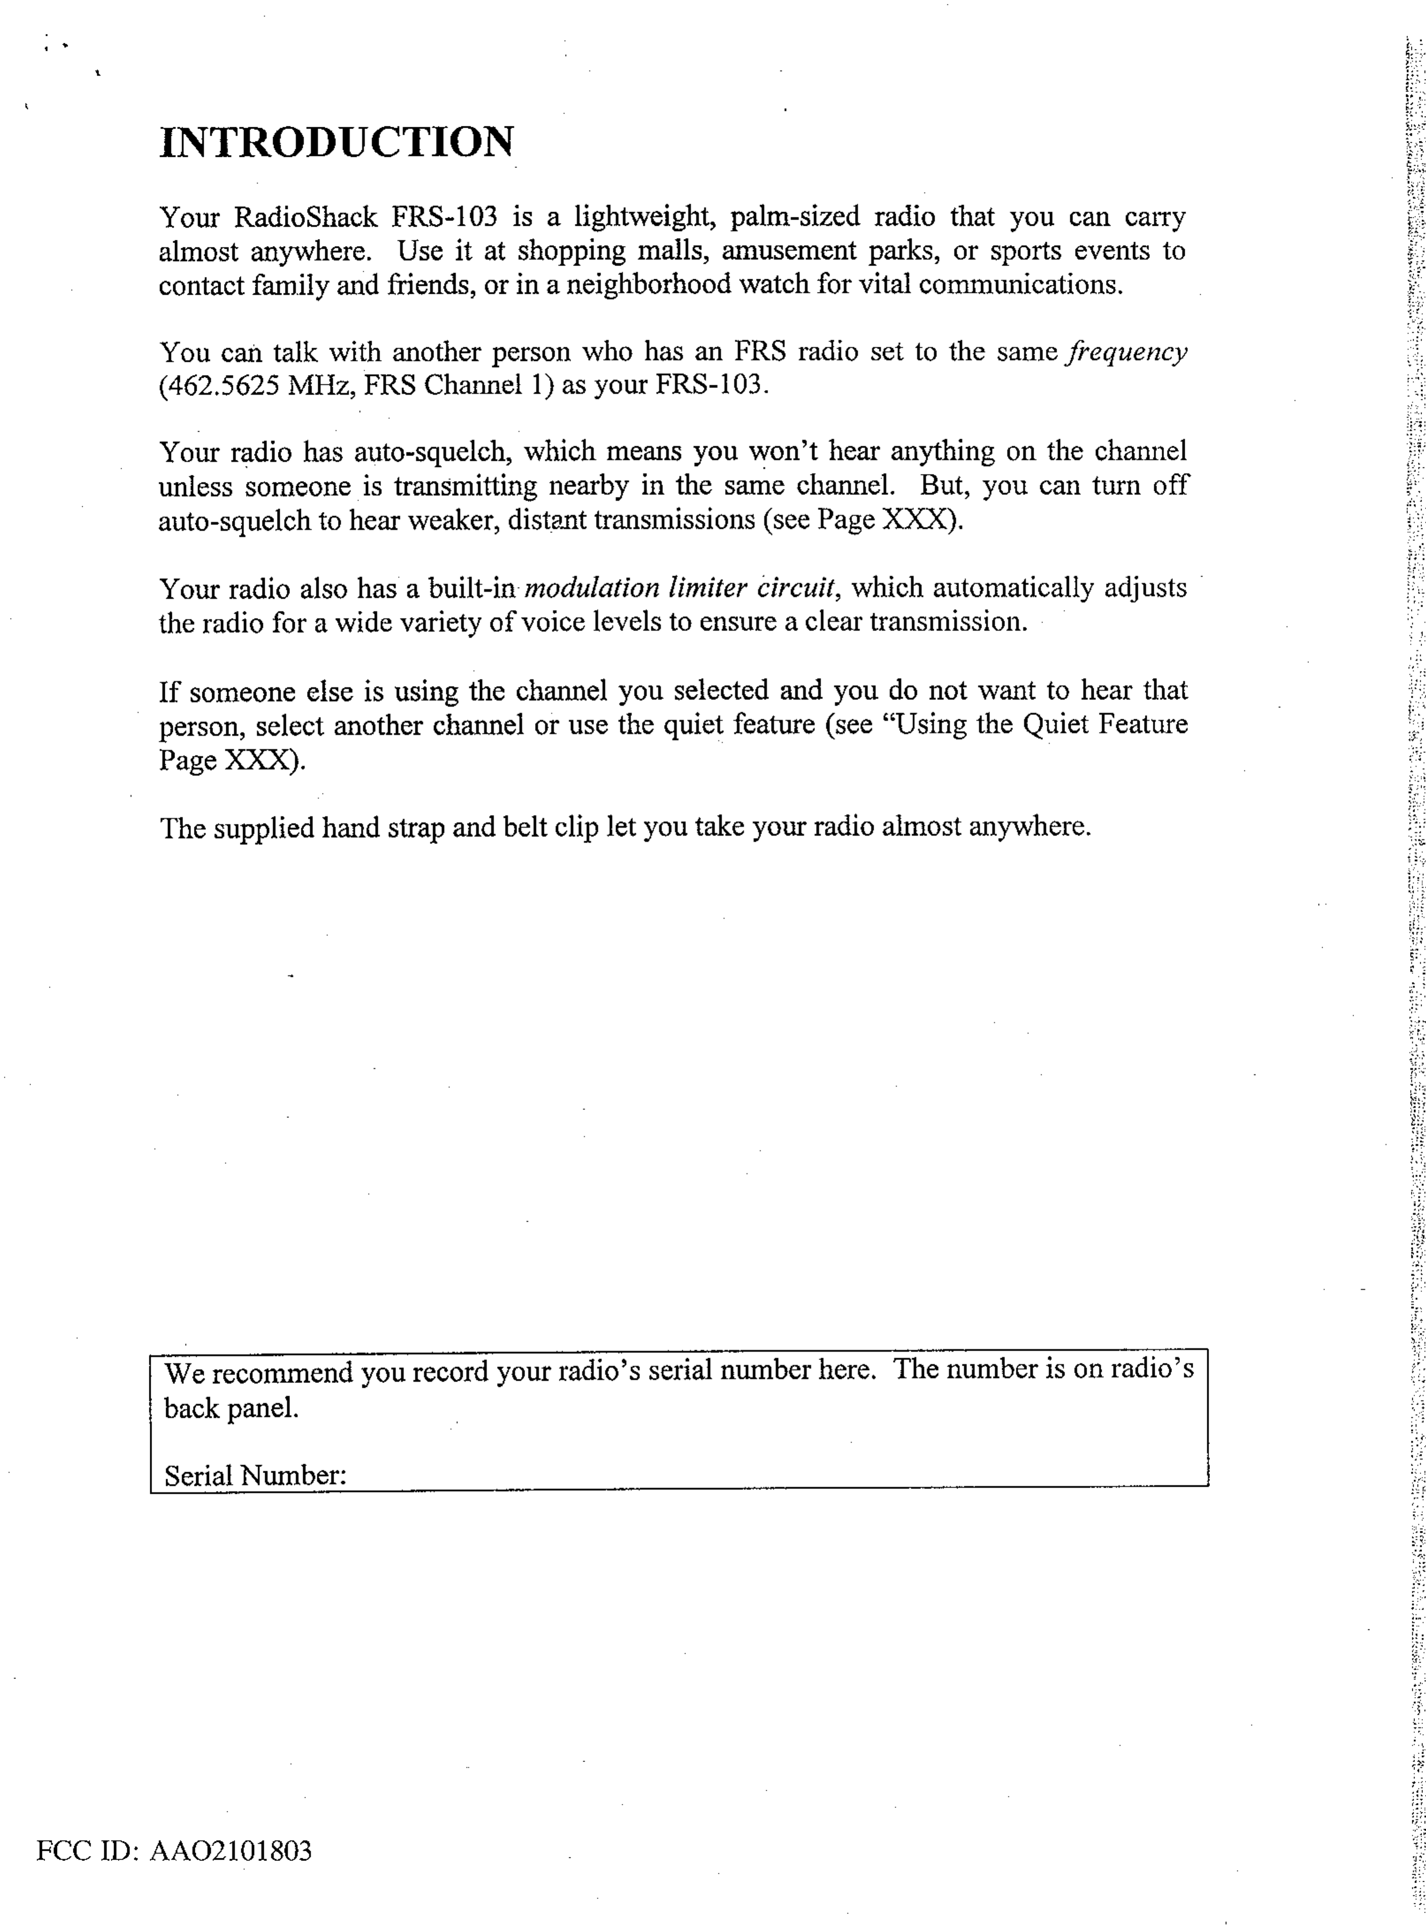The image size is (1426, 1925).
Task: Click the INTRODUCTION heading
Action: click(337, 142)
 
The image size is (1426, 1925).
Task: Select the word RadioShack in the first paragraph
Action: click(306, 217)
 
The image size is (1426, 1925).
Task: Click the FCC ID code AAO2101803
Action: click(231, 1851)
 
